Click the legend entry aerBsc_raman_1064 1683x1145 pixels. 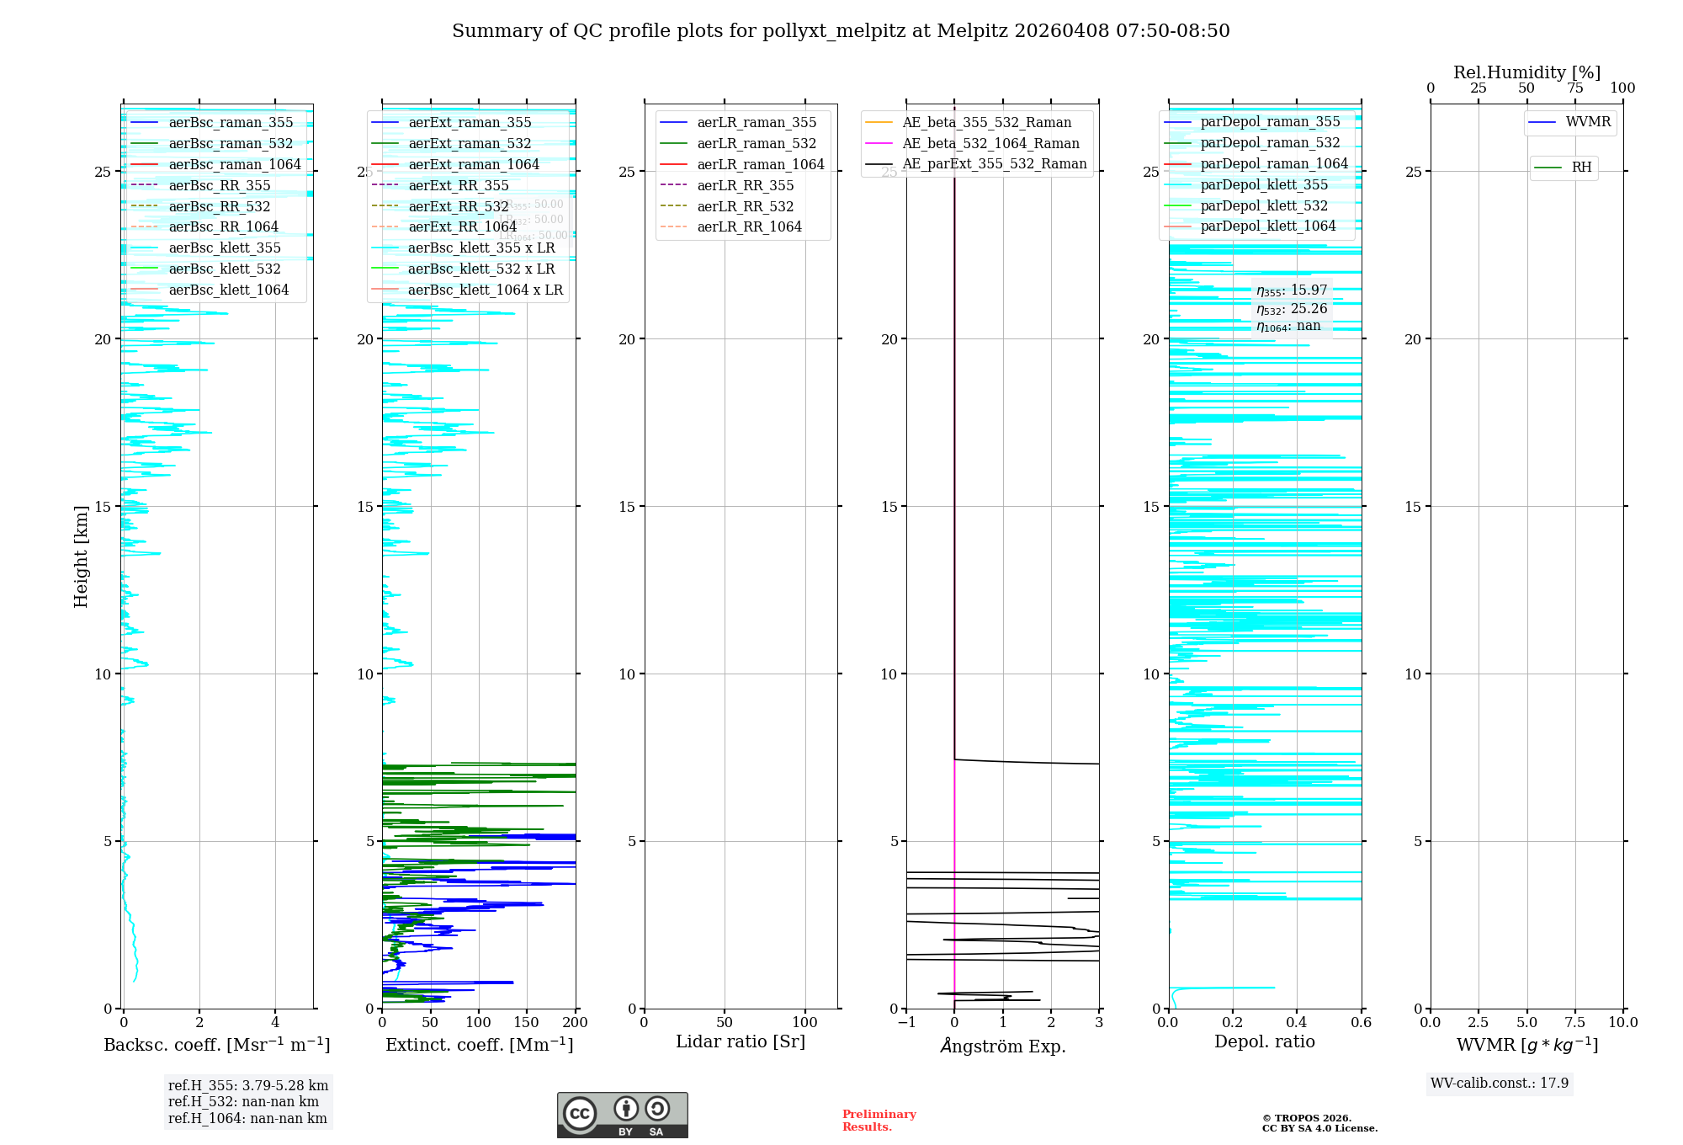click(x=235, y=164)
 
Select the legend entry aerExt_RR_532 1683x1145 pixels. click(x=459, y=206)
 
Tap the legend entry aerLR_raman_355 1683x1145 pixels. click(x=757, y=123)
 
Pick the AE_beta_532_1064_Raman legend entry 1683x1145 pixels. click(x=990, y=143)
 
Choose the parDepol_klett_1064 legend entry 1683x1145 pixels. click(x=1268, y=226)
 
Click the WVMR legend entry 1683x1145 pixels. click(x=1588, y=122)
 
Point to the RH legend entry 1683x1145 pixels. click(x=1581, y=168)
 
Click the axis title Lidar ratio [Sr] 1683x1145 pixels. click(x=741, y=1041)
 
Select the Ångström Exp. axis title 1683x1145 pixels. click(x=1003, y=1046)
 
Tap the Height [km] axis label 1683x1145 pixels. click(x=81, y=557)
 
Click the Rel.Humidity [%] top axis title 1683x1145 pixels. click(x=1526, y=72)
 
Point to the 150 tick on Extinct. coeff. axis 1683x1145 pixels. click(x=527, y=1022)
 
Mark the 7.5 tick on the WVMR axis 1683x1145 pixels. click(x=1575, y=1022)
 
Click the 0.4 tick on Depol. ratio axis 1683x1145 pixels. click(x=1297, y=1022)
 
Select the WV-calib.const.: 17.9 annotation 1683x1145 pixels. click(x=1500, y=1083)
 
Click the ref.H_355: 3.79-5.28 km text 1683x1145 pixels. click(x=248, y=1085)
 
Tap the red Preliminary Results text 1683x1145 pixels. click(x=879, y=1120)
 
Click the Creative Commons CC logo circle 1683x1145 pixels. click(x=580, y=1114)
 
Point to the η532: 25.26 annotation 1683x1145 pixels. click(x=1292, y=309)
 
